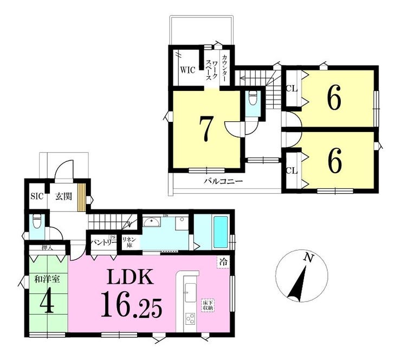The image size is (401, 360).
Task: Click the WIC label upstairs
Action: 187,70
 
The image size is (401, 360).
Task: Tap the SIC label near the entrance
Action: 36,196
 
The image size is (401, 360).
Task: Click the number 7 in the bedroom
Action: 205,128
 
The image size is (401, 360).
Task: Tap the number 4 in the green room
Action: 47,304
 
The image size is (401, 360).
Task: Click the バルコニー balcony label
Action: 223,181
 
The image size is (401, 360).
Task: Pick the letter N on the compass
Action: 308,258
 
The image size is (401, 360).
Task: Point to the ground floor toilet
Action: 36,222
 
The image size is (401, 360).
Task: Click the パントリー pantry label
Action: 101,242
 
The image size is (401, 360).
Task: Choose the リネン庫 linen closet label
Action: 128,242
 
